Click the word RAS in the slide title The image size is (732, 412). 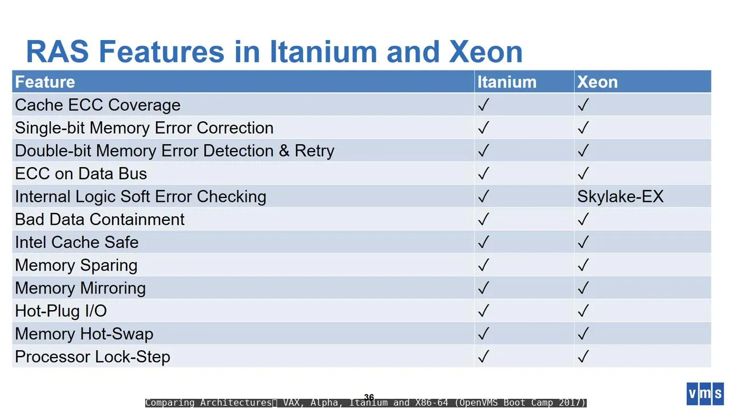point(58,51)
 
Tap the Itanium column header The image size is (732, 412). point(507,82)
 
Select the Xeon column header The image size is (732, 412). point(598,82)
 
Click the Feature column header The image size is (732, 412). point(45,82)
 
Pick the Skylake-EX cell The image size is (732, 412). point(620,196)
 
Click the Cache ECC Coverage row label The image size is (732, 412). point(98,105)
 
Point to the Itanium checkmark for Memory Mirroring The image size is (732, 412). point(484,288)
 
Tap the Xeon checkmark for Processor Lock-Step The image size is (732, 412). point(583,356)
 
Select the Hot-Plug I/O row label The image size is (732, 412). point(61,311)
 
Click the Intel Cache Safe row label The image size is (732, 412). point(77,242)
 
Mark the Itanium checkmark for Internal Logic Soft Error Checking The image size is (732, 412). point(484,196)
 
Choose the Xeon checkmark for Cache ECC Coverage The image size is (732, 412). point(583,105)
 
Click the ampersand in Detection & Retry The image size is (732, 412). point(284,150)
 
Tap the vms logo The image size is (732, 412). point(705,394)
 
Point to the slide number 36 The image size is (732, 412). point(369,397)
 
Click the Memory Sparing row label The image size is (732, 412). point(76,265)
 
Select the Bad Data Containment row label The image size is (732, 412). point(100,219)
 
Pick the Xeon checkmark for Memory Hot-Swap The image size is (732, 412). point(583,334)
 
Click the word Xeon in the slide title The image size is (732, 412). point(486,51)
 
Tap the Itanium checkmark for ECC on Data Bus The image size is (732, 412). point(484,173)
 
